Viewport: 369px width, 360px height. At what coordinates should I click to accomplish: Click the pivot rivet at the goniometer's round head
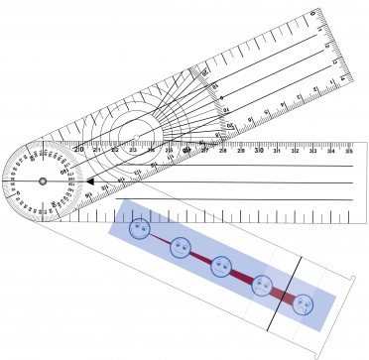point(43,181)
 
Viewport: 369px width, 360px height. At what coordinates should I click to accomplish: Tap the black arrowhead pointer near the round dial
point(87,182)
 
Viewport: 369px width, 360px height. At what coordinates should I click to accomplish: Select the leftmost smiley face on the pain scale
point(139,229)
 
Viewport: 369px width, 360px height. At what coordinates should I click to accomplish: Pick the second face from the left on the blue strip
point(180,247)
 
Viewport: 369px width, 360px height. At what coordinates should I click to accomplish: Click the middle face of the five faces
point(221,266)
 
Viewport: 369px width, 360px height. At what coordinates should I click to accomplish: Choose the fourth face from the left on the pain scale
point(262,285)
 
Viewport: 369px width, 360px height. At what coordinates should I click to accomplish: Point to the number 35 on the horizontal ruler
point(348,152)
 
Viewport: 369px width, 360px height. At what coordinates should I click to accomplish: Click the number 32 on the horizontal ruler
point(295,152)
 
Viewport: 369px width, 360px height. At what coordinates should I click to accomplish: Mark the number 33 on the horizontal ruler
point(312,152)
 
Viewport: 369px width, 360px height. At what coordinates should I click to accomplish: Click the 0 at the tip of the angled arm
point(312,14)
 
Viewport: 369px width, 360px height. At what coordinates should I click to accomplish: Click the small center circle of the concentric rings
point(133,132)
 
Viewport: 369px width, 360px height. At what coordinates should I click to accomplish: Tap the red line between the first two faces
point(159,238)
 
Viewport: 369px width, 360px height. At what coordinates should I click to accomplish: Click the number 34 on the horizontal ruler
point(330,152)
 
